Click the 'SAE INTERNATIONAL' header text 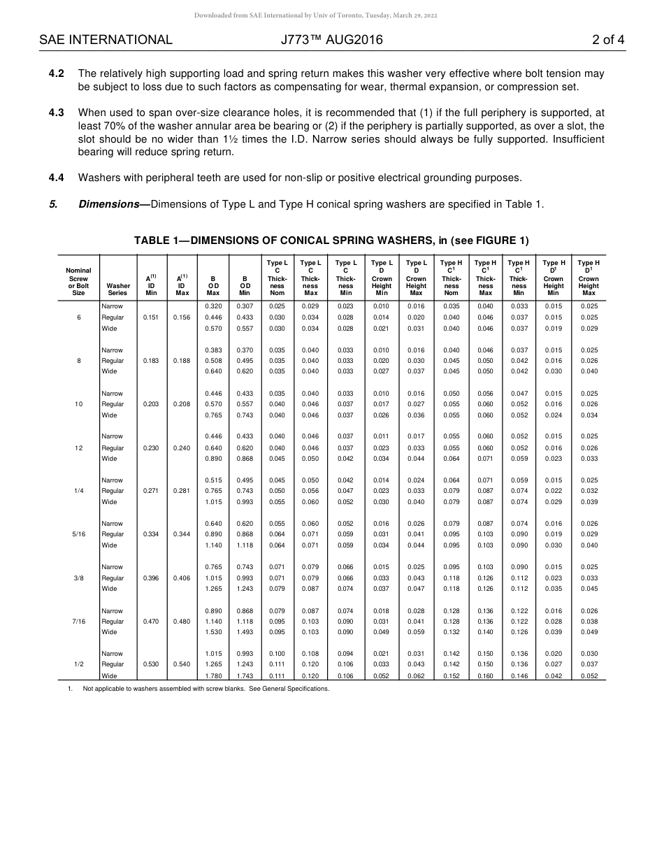point(106,40)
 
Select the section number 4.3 point(57,112)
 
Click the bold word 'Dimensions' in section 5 point(108,204)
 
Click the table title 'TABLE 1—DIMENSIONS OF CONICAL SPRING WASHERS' point(331,241)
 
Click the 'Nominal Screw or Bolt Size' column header point(78,281)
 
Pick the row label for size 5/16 point(78,534)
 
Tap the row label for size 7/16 point(78,621)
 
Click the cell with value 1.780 point(213,676)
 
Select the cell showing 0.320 point(213,306)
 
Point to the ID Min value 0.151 point(150,317)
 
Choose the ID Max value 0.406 point(181,578)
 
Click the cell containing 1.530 point(213,632)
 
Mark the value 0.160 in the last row point(485,676)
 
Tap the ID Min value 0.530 point(150,664)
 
